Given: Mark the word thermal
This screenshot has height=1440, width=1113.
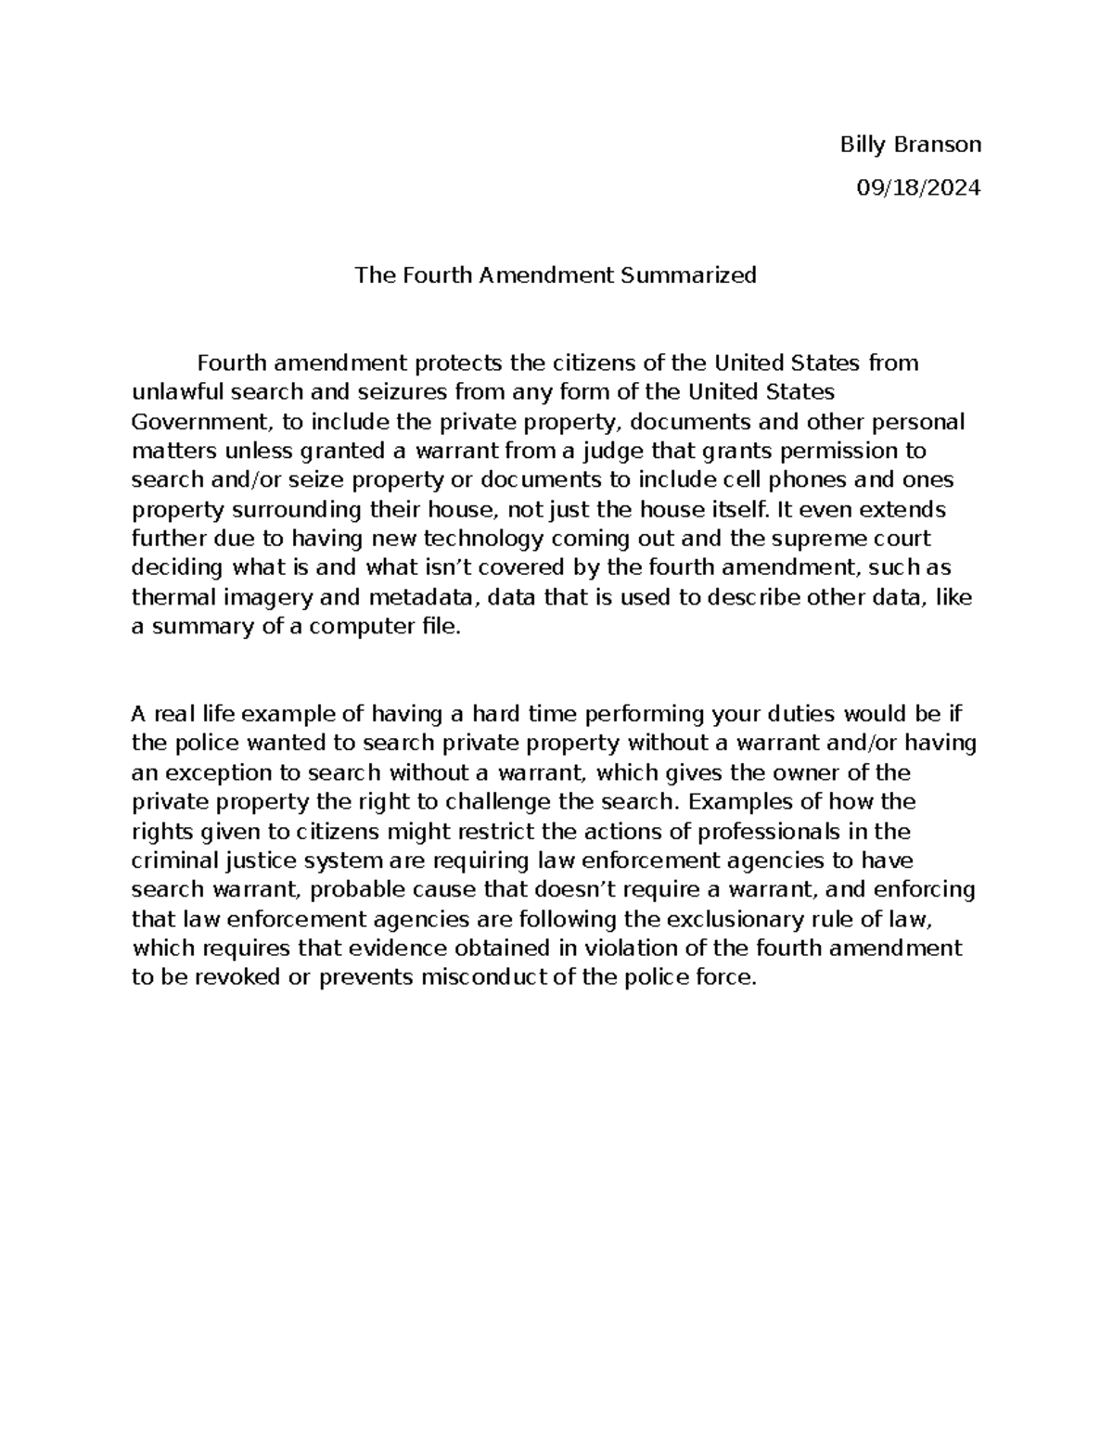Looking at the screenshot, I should [x=168, y=597].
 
